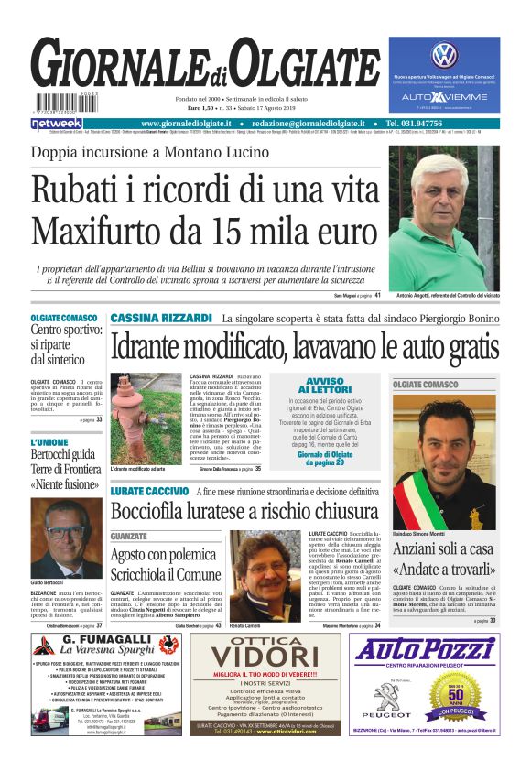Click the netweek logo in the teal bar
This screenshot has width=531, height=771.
pyautogui.click(x=57, y=124)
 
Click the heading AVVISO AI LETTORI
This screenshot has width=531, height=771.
pyautogui.click(x=325, y=385)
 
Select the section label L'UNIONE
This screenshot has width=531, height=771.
pyautogui.click(x=49, y=442)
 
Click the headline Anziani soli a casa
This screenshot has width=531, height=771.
pyautogui.click(x=443, y=549)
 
